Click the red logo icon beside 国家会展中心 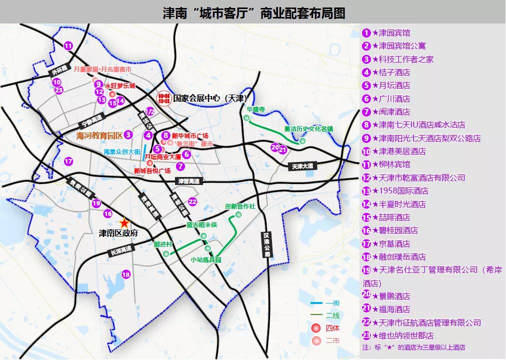163,97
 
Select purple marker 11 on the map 68,46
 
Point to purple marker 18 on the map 126,274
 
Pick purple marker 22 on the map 192,201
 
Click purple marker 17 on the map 68,161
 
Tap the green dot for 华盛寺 246,118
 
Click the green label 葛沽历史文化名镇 308,129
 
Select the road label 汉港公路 267,244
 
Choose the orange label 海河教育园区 99,135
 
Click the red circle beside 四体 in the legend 315,328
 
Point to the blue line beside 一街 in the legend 315,303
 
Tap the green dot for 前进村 166,254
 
